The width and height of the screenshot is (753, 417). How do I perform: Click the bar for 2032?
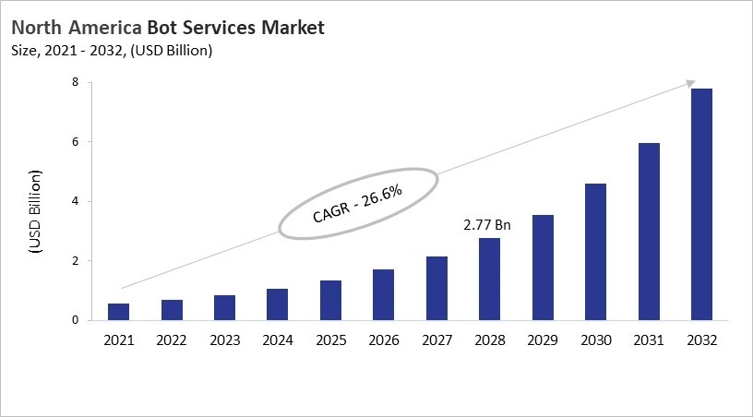click(x=701, y=205)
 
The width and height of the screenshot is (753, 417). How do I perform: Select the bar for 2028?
click(x=489, y=280)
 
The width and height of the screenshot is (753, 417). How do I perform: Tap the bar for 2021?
click(x=119, y=312)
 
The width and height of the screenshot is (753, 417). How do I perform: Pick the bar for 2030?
click(x=595, y=252)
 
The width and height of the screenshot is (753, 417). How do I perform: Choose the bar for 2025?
click(x=330, y=301)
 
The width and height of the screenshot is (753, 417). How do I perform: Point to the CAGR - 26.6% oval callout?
click(x=358, y=203)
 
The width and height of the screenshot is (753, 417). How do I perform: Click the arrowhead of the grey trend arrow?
click(x=690, y=83)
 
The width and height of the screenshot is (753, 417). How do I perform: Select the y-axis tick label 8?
click(x=88, y=83)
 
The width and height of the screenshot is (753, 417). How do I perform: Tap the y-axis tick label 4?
click(x=88, y=201)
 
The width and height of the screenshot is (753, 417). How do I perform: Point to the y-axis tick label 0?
click(x=88, y=320)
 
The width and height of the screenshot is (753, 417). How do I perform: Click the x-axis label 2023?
click(x=224, y=340)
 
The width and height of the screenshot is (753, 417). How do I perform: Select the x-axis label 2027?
click(x=436, y=340)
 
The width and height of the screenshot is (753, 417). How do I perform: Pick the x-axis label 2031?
click(x=648, y=340)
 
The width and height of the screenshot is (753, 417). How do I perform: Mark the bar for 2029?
click(x=543, y=268)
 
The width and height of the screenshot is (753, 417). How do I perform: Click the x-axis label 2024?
click(x=278, y=340)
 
